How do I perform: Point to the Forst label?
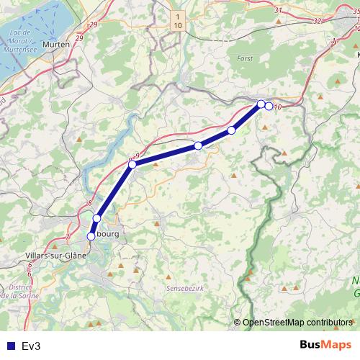pos(246,57)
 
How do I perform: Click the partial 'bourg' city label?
pos(107,235)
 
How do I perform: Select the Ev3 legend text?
pos(31,346)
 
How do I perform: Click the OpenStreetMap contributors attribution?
pos(297,323)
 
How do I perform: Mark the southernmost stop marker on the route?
pos(91,235)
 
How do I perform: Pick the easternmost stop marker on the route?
pos(269,106)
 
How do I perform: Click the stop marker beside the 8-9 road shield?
pos(132,165)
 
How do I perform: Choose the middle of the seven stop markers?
pos(198,146)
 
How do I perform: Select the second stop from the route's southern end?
pos(96,217)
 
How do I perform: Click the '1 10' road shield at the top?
pos(178,20)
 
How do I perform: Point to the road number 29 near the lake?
pos(78,37)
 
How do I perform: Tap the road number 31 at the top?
pos(279,11)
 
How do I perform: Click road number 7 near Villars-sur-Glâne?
pos(67,235)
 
